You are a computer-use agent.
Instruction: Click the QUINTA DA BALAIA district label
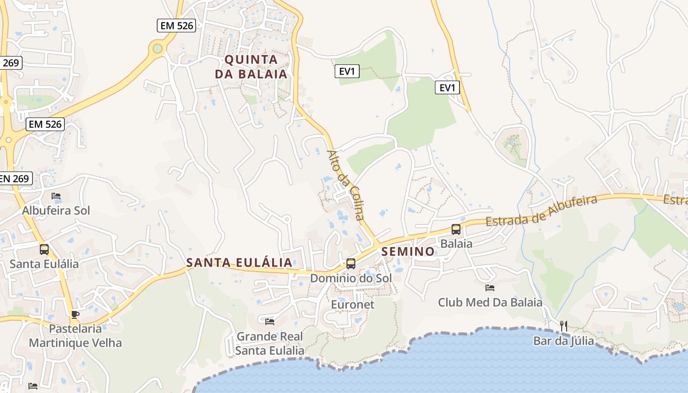pos(256,67)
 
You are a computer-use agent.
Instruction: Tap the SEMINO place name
pos(408,252)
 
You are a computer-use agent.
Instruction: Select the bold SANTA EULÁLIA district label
pos(239,262)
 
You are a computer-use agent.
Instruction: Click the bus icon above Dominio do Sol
pos(351,264)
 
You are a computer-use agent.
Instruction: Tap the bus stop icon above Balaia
pos(456,229)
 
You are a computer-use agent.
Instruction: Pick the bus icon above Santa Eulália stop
pos(44,250)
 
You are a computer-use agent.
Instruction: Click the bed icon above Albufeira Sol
pos(56,196)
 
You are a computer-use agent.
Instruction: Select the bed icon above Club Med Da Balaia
pos(490,288)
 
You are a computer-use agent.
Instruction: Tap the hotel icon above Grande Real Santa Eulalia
pos(270,322)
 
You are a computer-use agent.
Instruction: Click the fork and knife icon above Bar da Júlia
pos(564,326)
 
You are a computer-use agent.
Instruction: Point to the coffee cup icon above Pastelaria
pos(75,314)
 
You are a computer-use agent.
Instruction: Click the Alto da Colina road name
pos(346,185)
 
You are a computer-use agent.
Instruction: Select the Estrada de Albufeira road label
pos(541,210)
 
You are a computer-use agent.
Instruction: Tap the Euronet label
pos(352,305)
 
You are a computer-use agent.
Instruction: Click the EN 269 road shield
pos(15,178)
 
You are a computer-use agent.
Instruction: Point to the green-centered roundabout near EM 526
pos(157,49)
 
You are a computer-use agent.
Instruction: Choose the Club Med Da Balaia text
pos(490,302)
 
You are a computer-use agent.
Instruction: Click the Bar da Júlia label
pos(564,340)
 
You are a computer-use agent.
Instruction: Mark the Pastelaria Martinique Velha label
pos(75,336)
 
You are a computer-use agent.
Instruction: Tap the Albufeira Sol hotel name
pos(56,210)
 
